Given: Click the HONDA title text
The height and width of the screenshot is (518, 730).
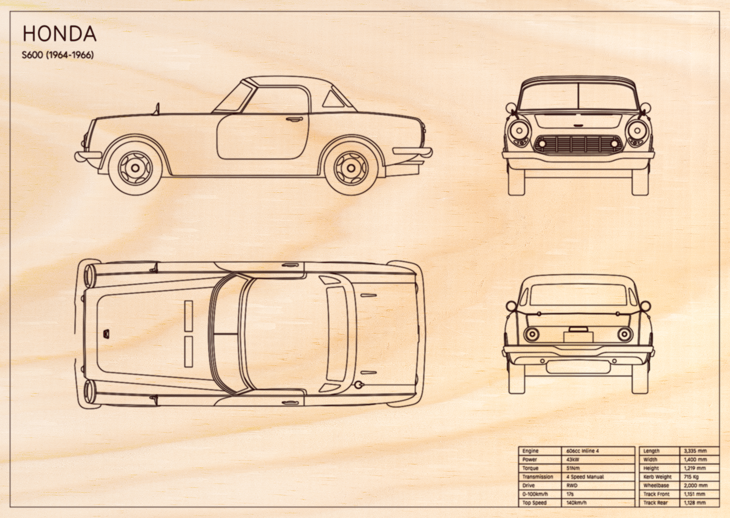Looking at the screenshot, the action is click(x=60, y=34).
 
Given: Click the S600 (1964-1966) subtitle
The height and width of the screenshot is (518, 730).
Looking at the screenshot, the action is click(x=57, y=55).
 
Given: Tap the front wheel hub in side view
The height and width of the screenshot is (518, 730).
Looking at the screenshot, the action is click(x=135, y=168).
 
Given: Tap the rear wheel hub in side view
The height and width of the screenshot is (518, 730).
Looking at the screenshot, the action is click(x=351, y=168).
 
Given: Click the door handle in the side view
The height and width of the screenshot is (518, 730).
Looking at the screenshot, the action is click(x=294, y=119).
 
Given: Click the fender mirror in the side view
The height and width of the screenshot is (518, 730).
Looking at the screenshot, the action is click(x=157, y=109).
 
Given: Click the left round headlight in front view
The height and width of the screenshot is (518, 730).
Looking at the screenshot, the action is click(x=519, y=131).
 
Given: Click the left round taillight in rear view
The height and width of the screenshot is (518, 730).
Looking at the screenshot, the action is click(x=531, y=334).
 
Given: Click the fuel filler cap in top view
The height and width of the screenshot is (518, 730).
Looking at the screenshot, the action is click(x=359, y=385).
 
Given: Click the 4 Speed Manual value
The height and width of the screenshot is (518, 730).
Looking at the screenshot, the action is click(x=585, y=477).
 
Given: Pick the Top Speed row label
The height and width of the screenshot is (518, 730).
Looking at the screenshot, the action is click(x=534, y=503).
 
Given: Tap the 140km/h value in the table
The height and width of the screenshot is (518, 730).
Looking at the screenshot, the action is click(x=576, y=503).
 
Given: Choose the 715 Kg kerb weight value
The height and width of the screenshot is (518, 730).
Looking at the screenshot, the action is click(x=691, y=477).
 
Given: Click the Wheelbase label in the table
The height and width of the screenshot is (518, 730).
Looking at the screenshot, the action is click(x=656, y=485).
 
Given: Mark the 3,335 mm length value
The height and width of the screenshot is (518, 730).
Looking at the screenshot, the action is click(x=695, y=451).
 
